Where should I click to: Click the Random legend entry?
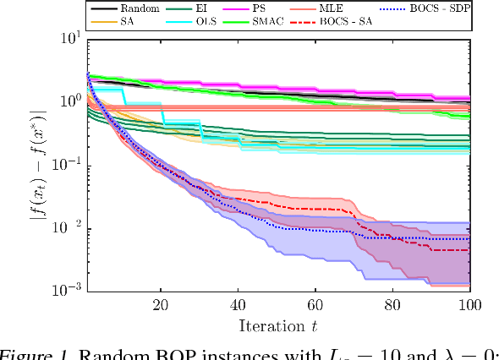[x=126, y=6]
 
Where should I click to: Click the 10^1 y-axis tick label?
[x=69, y=38]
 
